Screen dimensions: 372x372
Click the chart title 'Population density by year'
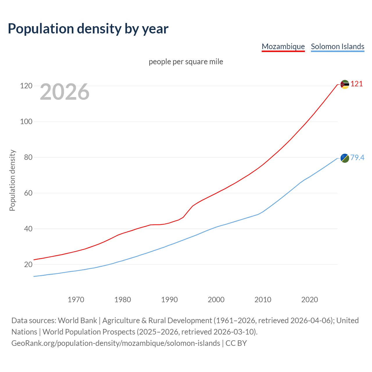click(88, 28)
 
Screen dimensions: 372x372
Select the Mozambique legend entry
click(283, 46)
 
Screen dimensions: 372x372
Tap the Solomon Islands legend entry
click(337, 46)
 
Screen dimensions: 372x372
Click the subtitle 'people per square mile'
click(186, 62)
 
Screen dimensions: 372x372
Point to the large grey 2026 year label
click(65, 92)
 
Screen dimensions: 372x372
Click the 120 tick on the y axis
click(26, 86)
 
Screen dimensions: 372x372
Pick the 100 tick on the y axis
click(26, 121)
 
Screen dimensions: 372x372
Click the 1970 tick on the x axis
click(76, 300)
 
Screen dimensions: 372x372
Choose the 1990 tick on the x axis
click(169, 300)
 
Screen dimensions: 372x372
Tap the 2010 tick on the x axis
click(263, 300)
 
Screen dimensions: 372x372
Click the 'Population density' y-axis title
click(12, 180)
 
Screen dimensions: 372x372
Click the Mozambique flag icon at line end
click(345, 85)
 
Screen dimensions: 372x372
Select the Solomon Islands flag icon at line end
click(345, 158)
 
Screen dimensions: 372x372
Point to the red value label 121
click(357, 84)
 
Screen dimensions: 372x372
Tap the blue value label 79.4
click(357, 158)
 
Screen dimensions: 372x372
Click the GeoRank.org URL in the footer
click(116, 343)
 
